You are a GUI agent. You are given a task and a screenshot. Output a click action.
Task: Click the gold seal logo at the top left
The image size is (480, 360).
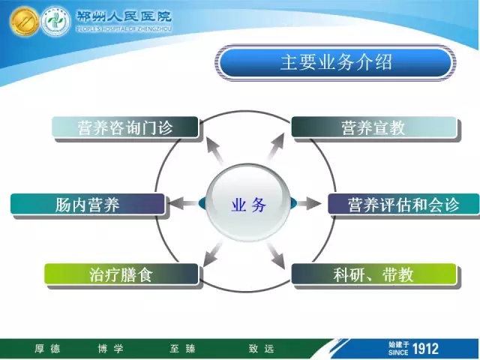pos(24,22)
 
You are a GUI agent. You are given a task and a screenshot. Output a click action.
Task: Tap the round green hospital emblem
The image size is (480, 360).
pos(55,22)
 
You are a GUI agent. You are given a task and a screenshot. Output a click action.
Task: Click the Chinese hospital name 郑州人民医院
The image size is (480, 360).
pos(124,16)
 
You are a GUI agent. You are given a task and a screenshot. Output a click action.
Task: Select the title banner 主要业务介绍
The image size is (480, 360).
pos(336,62)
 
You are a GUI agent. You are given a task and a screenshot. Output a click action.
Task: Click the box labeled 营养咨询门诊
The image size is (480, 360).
pos(125,127)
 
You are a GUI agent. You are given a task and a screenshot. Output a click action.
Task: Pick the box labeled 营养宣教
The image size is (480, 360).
pos(373,127)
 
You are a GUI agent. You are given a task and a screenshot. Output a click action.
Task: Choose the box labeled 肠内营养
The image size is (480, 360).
pos(88,204)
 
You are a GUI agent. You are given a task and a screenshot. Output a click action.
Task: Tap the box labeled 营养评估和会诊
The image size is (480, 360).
pos(403,204)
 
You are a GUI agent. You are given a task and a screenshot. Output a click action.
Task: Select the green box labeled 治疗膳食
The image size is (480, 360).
pos(121,274)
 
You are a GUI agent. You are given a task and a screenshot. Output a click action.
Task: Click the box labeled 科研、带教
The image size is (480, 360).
pos(373,274)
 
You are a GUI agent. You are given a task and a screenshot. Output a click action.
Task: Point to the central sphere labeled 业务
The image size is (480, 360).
pos(248,203)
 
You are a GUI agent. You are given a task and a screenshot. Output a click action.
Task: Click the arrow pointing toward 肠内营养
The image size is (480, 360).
pos(183,203)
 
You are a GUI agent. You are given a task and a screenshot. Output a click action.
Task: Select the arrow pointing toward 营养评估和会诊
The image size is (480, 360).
pos(309,203)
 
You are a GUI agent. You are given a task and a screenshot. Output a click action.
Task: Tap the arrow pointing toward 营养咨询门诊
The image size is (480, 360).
pos(215,151)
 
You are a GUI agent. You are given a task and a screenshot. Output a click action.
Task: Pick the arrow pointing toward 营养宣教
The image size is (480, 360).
pos(276,147)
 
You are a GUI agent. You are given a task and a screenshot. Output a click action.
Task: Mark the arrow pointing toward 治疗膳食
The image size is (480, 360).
pos(212,255)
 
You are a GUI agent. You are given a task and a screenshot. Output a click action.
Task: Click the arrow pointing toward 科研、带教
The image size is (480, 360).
pos(276,256)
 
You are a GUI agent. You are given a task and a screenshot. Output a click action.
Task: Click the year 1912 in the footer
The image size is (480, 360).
pos(425,349)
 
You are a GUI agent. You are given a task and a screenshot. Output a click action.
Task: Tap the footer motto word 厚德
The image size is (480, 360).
pos(47,349)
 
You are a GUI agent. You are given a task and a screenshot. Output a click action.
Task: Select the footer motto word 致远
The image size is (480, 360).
pos(261,349)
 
